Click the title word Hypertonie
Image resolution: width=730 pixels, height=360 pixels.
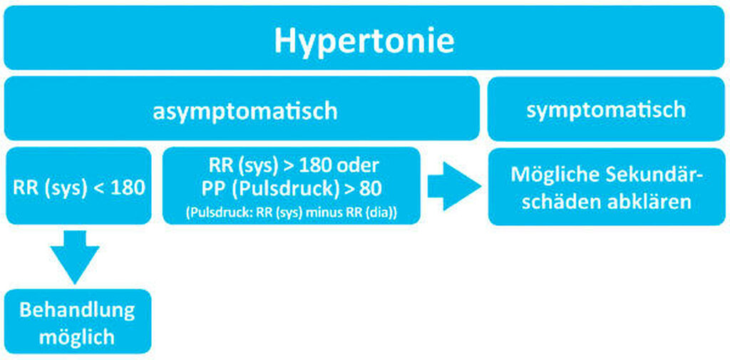(x=364, y=41)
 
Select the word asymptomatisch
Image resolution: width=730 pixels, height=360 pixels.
(x=245, y=111)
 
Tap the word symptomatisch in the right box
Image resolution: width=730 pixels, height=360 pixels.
(x=606, y=110)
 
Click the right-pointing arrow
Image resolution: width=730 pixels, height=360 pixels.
(x=454, y=186)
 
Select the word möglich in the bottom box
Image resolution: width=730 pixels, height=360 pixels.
(x=77, y=337)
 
